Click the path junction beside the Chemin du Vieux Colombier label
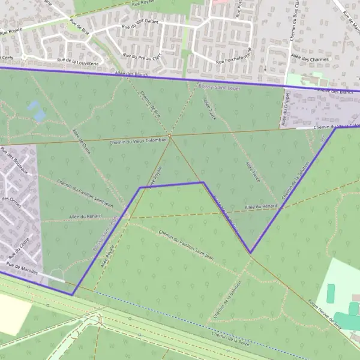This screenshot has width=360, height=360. (x=170, y=136)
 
